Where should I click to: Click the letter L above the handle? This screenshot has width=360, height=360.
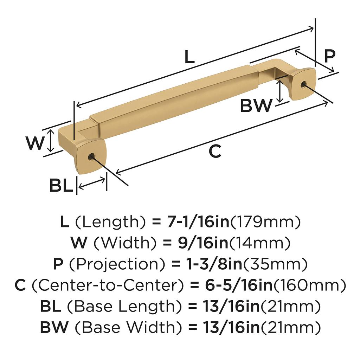189,57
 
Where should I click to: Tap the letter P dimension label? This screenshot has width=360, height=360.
330,56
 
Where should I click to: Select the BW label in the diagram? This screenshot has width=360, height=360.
256,105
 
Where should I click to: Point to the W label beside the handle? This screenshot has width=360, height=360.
35,143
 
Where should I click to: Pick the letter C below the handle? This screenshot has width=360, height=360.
215,151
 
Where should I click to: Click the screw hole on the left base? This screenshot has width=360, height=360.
91,157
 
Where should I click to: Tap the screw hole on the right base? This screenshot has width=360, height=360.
303,84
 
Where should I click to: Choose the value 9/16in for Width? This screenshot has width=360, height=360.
203,243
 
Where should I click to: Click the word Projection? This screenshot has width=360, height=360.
117,264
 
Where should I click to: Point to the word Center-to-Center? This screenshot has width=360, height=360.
108,285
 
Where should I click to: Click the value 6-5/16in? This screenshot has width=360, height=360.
239,285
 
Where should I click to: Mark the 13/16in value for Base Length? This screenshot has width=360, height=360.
231,306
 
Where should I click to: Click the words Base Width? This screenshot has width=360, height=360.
128,327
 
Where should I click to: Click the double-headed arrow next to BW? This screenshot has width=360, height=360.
279,91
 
